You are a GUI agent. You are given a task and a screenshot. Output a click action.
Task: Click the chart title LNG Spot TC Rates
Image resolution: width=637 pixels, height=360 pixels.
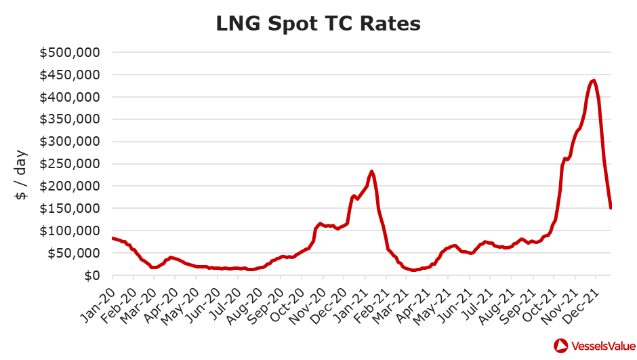(x=318, y=23)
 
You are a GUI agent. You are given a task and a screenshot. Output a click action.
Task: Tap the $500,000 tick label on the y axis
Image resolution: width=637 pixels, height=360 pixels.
(x=71, y=53)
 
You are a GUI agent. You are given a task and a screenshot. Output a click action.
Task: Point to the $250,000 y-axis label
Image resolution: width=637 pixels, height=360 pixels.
(x=71, y=164)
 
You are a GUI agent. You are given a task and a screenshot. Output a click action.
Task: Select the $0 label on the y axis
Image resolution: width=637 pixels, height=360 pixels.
(x=92, y=276)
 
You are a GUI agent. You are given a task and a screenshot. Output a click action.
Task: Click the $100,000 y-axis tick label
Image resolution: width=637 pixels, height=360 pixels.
(x=71, y=231)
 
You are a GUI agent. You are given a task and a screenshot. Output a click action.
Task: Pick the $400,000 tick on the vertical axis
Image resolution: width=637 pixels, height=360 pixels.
(x=71, y=98)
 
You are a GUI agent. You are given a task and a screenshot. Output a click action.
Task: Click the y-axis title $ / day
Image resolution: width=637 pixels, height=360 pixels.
(x=21, y=176)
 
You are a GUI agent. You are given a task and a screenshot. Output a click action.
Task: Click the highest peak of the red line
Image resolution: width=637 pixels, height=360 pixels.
(x=594, y=81)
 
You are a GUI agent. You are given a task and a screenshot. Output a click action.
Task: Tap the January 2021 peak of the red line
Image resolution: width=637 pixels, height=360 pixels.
(x=371, y=172)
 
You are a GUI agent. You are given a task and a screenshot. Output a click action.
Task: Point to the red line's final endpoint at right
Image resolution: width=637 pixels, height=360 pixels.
(x=611, y=208)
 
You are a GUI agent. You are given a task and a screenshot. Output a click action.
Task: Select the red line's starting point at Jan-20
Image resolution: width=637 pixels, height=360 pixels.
(x=112, y=238)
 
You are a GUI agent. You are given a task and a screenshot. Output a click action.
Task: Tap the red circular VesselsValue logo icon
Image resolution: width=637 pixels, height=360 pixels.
(x=562, y=346)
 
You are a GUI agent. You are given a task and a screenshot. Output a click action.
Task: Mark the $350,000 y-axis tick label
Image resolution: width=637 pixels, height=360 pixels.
(x=71, y=120)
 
